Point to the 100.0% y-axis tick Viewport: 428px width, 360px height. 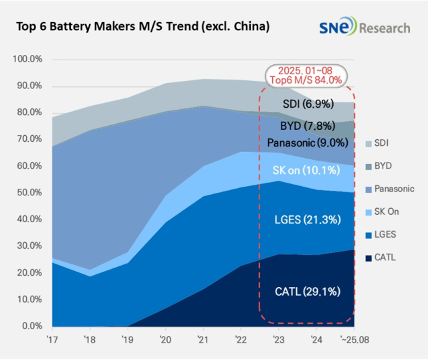click(x=28, y=60)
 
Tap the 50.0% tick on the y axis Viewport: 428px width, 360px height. click(x=28, y=193)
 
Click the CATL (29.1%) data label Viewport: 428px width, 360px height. click(x=308, y=291)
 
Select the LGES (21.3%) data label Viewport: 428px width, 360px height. click(x=308, y=219)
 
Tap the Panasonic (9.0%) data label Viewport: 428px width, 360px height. click(x=308, y=143)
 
